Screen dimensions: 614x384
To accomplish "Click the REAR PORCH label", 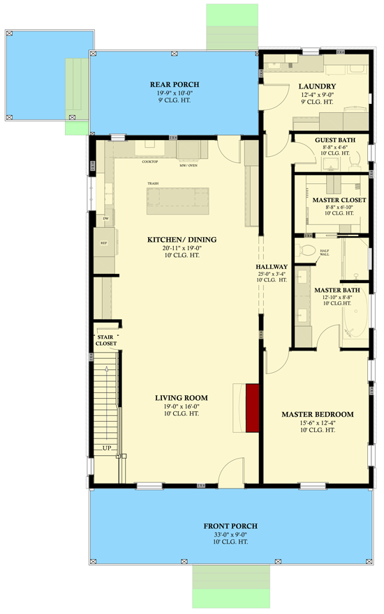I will tap(170, 85).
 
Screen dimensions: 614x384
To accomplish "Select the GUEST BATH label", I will tap(334, 140).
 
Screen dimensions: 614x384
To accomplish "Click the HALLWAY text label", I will tap(272, 266).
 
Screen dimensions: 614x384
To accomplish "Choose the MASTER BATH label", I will tap(332, 290).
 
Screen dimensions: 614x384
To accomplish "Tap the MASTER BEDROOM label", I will tap(317, 414).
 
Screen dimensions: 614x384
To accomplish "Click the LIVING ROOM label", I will tap(182, 398).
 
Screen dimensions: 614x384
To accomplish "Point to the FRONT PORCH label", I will tap(230, 525).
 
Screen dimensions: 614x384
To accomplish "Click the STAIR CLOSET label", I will tap(106, 340).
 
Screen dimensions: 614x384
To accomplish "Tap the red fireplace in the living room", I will tap(252, 406).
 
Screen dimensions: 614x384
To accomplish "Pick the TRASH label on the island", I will tap(153, 184).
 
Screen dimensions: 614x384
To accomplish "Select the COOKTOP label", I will tap(150, 162).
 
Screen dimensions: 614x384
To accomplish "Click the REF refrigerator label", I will tap(103, 243).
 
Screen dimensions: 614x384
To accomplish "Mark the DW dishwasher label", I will tap(105, 219).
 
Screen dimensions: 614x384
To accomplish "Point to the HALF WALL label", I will tap(324, 254).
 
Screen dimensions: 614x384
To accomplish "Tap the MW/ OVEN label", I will tap(188, 166).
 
